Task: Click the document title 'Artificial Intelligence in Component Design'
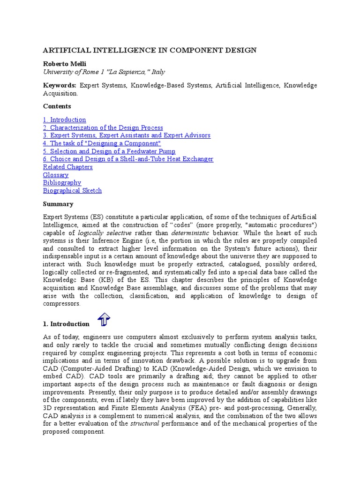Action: pos(150,50)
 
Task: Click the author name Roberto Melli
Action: pos(65,64)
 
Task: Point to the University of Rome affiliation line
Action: pos(104,72)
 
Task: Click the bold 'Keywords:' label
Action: pos(60,85)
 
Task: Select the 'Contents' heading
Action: pos(57,106)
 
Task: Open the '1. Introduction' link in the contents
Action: pos(65,120)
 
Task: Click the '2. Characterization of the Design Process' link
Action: pos(103,127)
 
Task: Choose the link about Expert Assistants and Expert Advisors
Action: pos(127,135)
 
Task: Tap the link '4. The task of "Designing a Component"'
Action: pos(102,143)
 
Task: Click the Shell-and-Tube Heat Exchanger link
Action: pos(128,159)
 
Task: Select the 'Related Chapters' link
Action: pos(68,167)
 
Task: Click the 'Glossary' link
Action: pos(56,175)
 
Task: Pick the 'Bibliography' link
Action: pos(62,183)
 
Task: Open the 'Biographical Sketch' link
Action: pos(72,191)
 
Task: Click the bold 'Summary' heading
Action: pos(58,204)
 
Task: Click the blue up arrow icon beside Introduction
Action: pos(104,320)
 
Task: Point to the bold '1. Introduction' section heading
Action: pos(66,324)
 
